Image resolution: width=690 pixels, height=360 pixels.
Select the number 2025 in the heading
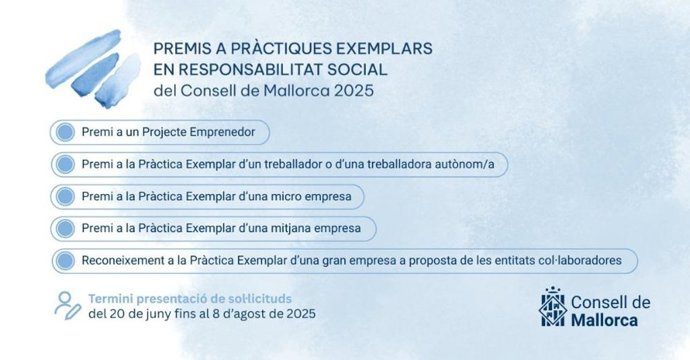pyautogui.click(x=351, y=91)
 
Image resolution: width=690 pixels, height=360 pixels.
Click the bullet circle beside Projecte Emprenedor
pyautogui.click(x=65, y=132)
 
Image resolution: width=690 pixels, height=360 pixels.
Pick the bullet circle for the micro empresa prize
pyautogui.click(x=65, y=196)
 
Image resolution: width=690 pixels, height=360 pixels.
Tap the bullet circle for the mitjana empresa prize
pyautogui.click(x=65, y=228)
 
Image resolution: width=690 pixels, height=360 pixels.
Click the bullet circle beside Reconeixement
pyautogui.click(x=65, y=260)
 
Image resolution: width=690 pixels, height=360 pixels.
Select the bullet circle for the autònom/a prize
pyautogui.click(x=65, y=164)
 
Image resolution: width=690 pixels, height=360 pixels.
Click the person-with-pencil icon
pyautogui.click(x=67, y=305)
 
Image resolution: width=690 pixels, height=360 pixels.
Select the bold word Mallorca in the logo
pyautogui.click(x=607, y=320)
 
